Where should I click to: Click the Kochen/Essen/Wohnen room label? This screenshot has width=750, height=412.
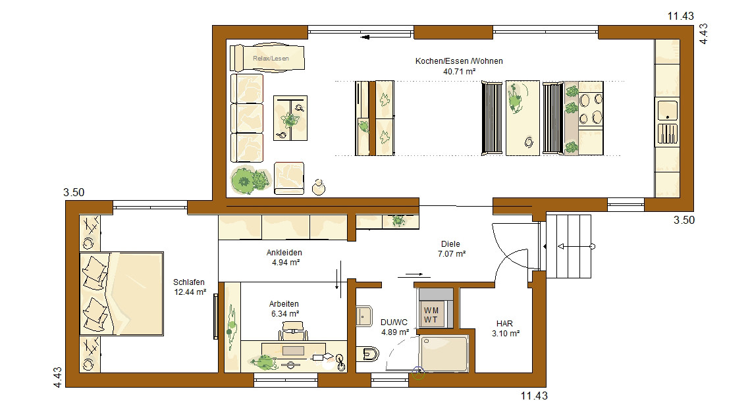tap(459, 61)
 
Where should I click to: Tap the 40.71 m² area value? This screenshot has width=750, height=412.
tap(459, 72)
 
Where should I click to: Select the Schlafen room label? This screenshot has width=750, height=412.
tap(189, 282)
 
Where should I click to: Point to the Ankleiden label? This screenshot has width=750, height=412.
tap(284, 252)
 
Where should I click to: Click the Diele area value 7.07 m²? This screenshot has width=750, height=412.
tap(452, 254)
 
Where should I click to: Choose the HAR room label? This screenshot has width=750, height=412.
tap(504, 324)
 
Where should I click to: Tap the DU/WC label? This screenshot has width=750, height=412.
tap(394, 322)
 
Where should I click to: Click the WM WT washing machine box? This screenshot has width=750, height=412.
tap(435, 315)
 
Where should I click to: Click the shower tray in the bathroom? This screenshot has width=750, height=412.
tap(444, 353)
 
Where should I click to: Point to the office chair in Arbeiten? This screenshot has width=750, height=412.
tap(293, 330)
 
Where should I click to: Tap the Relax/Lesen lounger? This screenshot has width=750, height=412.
tap(267, 59)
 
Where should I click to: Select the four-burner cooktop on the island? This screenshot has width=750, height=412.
tap(591, 109)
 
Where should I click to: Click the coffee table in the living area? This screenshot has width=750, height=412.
tap(290, 118)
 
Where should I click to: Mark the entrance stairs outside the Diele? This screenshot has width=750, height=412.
tap(568, 246)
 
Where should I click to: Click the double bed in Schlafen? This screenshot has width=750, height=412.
tap(122, 294)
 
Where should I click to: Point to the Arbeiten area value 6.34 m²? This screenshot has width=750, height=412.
tap(285, 314)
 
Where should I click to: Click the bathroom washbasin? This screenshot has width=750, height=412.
tap(364, 316)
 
